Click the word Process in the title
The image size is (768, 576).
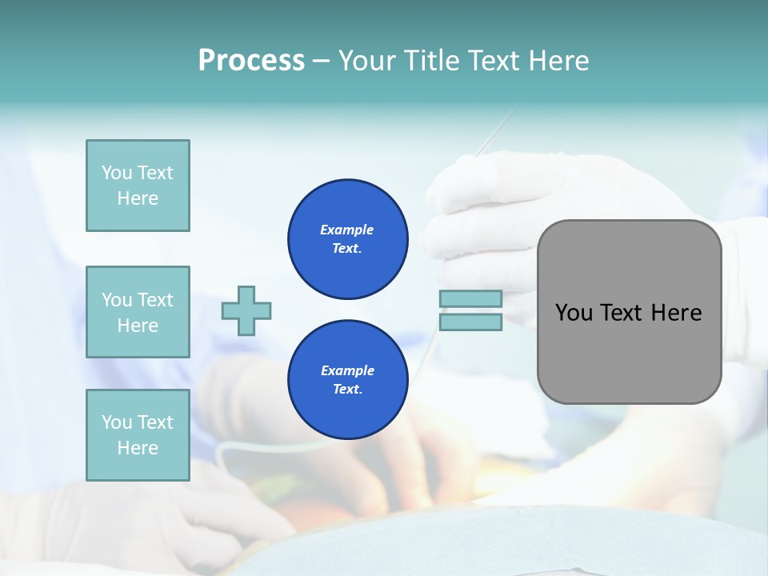tap(251, 60)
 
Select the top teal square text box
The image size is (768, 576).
tap(138, 186)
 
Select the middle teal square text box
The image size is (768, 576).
tap(138, 312)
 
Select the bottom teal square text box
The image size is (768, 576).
tap(138, 435)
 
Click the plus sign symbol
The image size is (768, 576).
tap(246, 310)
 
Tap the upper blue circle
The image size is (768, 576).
tap(348, 239)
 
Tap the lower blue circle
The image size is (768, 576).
tap(348, 380)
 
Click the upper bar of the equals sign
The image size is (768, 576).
tap(470, 298)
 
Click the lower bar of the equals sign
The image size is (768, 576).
tap(470, 322)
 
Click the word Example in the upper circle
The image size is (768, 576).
tap(346, 230)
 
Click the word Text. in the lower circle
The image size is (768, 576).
tap(347, 390)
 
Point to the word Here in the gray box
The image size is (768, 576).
tap(676, 313)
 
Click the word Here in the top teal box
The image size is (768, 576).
tap(138, 198)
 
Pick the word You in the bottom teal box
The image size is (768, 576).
tap(116, 422)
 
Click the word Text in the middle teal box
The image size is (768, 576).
tap(154, 300)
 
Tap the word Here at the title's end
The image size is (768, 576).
tap(558, 60)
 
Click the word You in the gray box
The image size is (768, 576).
tap(574, 313)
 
